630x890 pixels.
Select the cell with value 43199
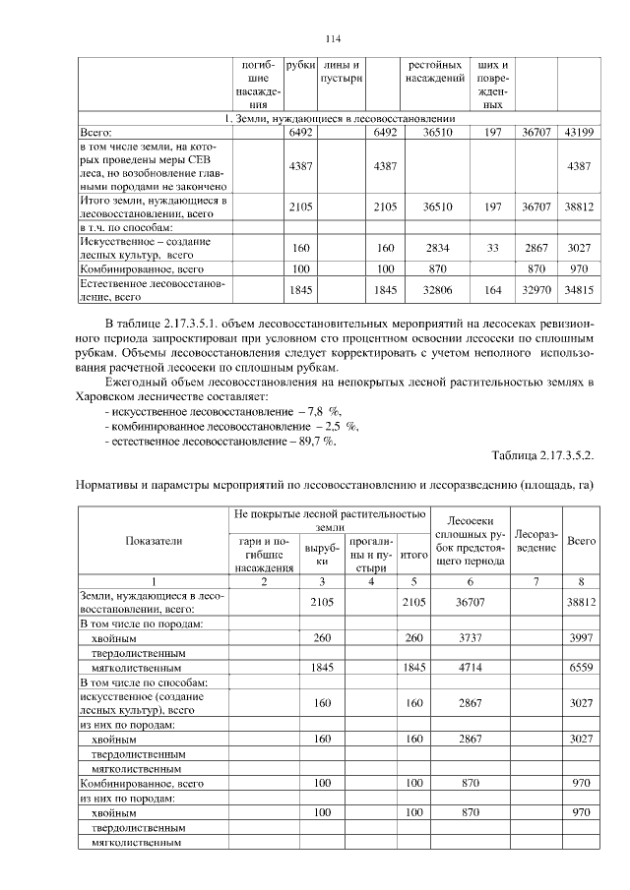[x=579, y=131]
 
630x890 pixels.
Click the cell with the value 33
[x=493, y=247]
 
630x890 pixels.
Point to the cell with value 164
[x=493, y=289]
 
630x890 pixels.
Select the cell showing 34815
[x=579, y=289]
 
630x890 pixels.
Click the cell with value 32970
[x=537, y=289]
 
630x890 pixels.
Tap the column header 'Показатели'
[x=153, y=541]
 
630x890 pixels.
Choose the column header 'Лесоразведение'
[x=537, y=540]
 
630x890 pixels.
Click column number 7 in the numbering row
[x=537, y=581]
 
